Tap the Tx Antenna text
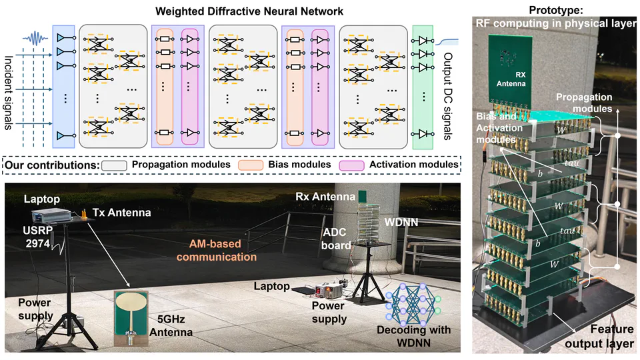point(122,212)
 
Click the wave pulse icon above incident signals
point(37,37)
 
